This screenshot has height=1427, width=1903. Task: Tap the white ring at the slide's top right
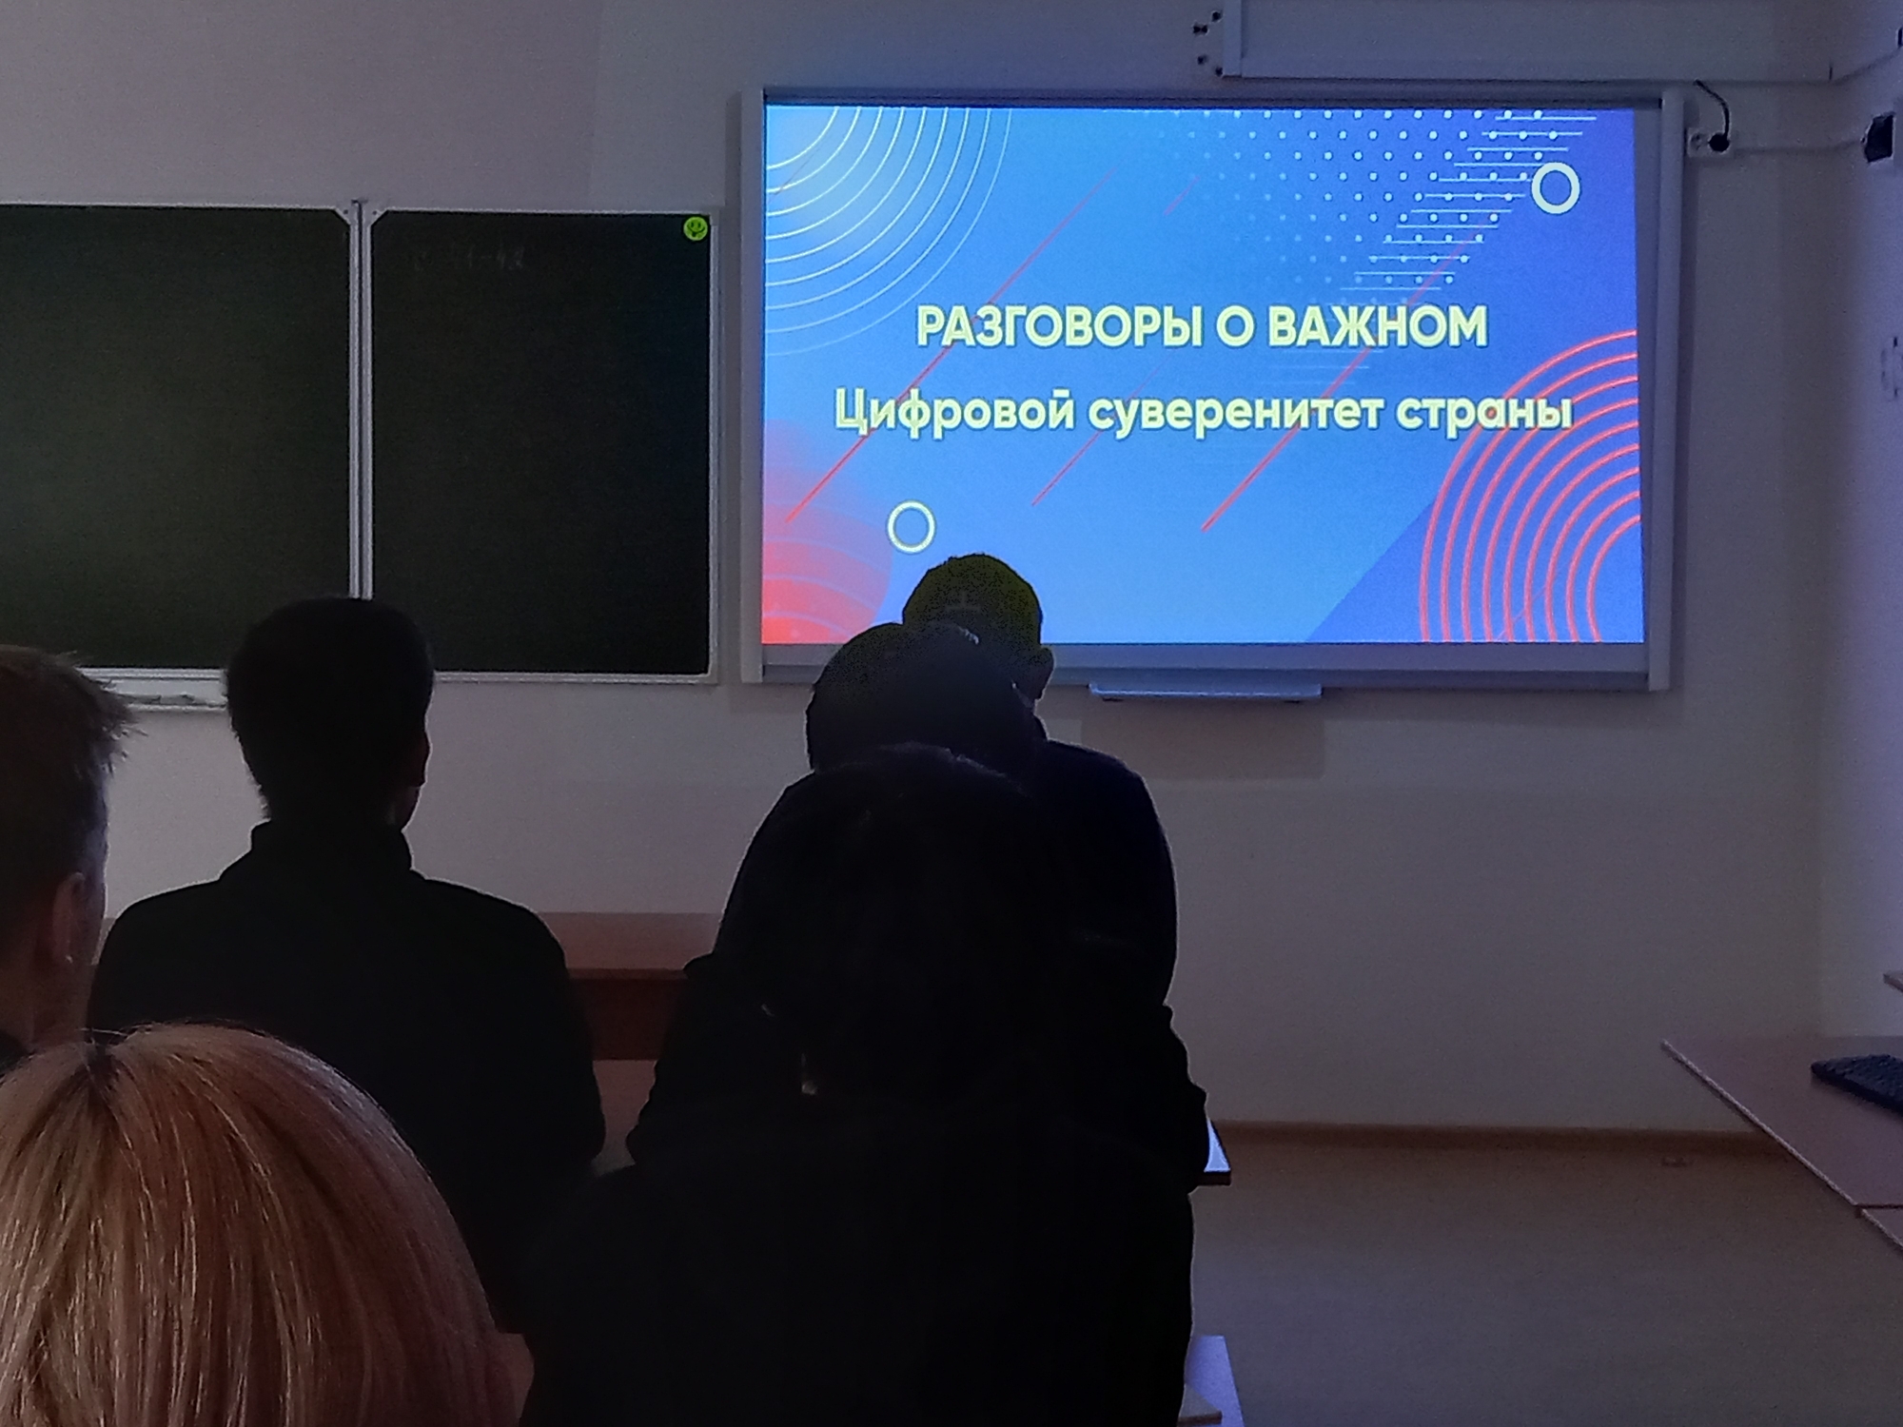point(1556,188)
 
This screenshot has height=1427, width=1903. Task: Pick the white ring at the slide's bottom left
point(911,526)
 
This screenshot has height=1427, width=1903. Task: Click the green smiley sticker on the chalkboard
point(696,227)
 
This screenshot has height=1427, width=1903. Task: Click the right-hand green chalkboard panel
point(540,442)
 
